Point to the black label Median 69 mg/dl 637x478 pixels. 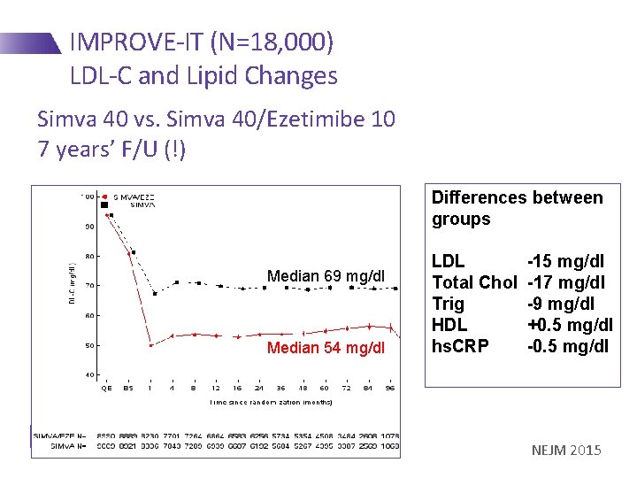326,276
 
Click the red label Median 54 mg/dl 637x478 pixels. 326,347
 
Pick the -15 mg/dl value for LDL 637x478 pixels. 565,261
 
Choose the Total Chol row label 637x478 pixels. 473,282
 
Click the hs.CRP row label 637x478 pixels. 461,346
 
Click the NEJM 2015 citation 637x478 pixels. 566,451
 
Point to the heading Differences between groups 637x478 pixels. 517,208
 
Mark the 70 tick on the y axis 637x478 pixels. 89,286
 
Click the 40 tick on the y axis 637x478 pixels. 89,374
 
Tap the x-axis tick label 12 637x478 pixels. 216,389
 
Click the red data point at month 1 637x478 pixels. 151,345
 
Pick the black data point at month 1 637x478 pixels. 155,293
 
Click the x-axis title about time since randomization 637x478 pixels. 272,402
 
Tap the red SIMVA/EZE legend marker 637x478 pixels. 105,197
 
